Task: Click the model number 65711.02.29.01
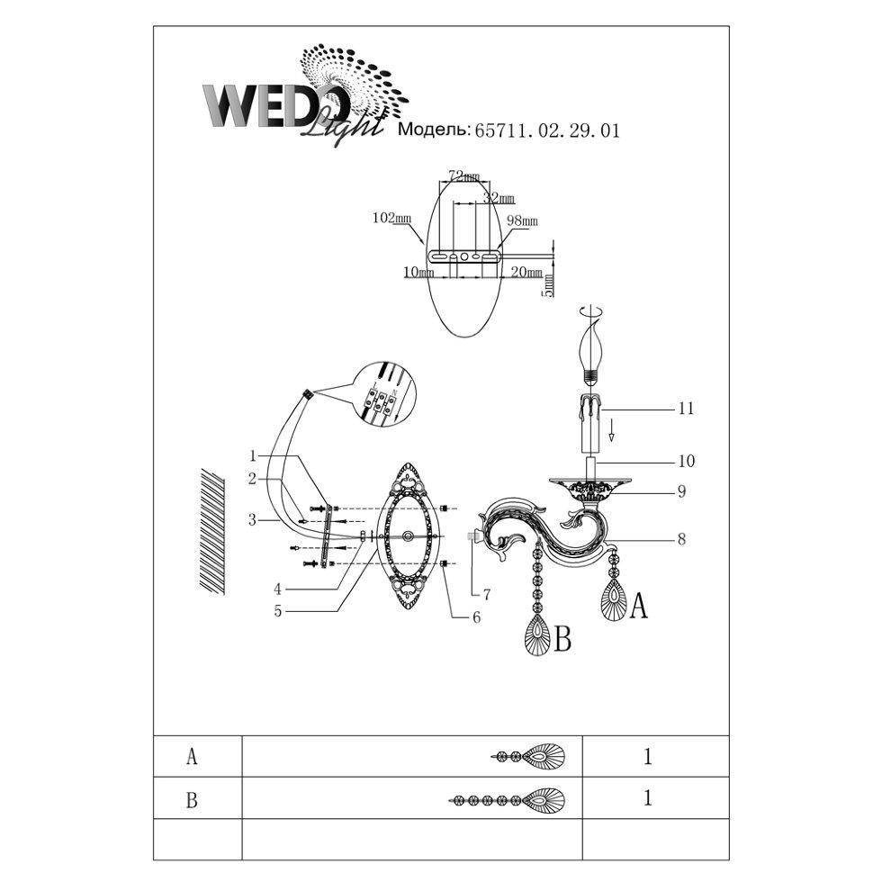546,130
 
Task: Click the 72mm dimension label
463,176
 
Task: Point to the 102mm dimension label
391,218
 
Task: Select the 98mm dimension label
522,220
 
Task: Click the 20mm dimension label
526,272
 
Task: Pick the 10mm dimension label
418,272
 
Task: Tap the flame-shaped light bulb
591,353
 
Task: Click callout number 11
686,409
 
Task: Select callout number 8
681,539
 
